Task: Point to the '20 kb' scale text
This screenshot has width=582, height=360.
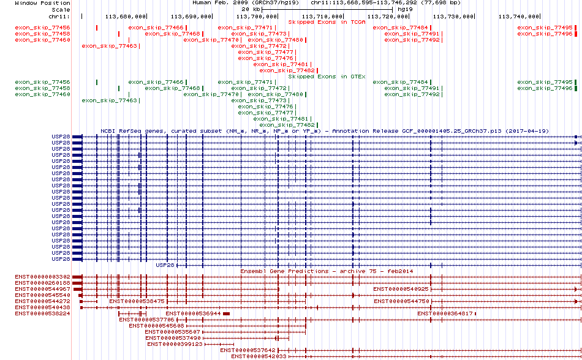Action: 248,10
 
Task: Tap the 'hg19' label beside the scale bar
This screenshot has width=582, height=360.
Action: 404,10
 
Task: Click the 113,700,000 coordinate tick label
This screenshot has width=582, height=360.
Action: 257,16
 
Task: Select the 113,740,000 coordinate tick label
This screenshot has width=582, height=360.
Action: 520,16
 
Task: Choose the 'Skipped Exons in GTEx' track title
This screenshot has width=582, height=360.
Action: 327,77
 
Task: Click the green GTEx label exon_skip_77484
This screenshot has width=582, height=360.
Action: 400,82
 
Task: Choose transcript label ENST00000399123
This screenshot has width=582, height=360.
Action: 175,344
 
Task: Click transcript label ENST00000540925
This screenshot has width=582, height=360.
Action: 401,289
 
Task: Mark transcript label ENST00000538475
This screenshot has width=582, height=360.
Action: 137,301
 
